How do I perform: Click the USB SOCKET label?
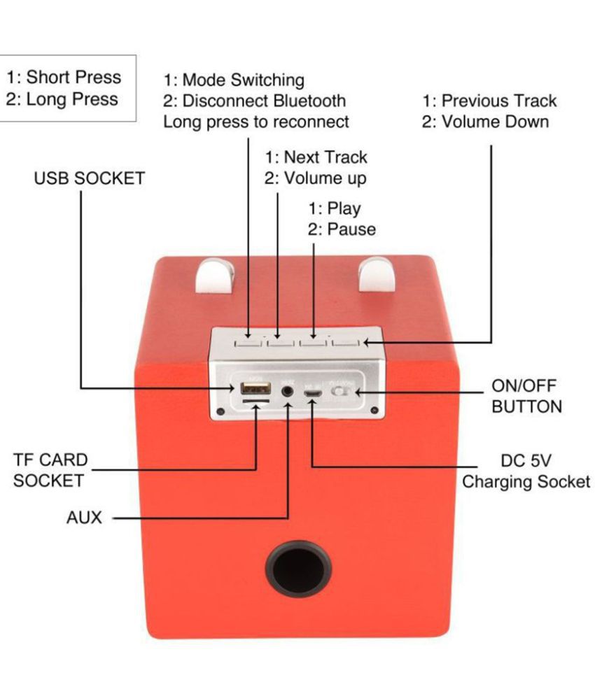point(89,178)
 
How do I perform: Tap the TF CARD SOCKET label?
point(50,470)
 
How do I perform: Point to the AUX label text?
point(84,518)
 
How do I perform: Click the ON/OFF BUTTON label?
point(526,396)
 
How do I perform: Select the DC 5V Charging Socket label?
point(526,471)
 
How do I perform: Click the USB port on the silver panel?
point(251,388)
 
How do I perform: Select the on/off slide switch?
point(342,392)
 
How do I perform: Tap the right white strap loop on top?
point(377,274)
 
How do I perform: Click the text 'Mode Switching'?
point(243,80)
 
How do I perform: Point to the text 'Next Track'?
point(325,157)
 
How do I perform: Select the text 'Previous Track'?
point(498,101)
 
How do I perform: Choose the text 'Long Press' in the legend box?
point(72,99)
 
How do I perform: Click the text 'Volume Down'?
point(494,122)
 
